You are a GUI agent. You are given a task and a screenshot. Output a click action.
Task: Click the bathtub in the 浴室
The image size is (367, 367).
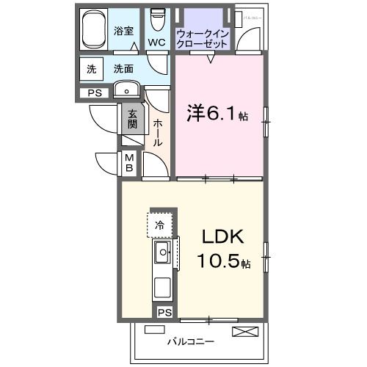point(94,30)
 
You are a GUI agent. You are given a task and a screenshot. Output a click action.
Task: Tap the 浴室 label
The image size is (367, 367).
point(124,32)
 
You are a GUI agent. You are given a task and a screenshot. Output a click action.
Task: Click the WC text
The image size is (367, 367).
point(156,43)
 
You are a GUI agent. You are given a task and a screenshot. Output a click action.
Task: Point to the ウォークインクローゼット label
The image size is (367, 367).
point(203,39)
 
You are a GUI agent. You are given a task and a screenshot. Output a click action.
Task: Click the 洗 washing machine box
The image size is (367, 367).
point(92,70)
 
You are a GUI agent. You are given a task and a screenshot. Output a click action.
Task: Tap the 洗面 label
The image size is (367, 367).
point(123,70)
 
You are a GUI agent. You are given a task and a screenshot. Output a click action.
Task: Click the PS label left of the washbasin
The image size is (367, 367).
point(95,92)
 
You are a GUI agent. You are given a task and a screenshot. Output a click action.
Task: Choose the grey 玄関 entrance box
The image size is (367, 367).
point(132,119)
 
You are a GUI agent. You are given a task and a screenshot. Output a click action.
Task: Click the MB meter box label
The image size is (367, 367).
point(128,163)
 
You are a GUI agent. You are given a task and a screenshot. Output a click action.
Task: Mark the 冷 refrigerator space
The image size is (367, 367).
point(159,225)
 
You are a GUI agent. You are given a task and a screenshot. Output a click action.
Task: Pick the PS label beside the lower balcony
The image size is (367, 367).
point(164,313)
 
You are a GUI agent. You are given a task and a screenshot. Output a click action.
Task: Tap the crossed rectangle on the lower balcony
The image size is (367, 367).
point(244,332)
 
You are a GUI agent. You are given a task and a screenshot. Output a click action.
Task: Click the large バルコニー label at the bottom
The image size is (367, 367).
point(190,342)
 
